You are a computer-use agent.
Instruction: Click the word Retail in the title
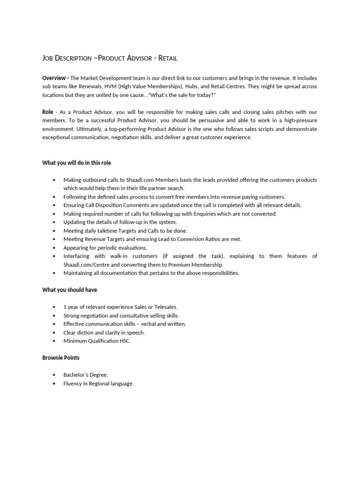[x=168, y=58]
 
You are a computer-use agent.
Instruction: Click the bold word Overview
[x=54, y=78]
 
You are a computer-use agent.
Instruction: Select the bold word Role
[x=48, y=112]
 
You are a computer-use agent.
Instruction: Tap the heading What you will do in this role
[x=76, y=163]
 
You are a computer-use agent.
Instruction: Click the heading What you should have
[x=69, y=290]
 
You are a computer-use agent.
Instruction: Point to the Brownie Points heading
[x=61, y=358]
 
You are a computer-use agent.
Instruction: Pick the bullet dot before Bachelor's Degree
[x=55, y=375]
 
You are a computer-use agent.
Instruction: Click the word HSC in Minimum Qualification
[x=125, y=341]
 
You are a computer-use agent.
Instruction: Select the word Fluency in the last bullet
[x=73, y=383]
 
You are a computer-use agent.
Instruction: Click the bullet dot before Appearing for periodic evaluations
[x=55, y=247]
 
